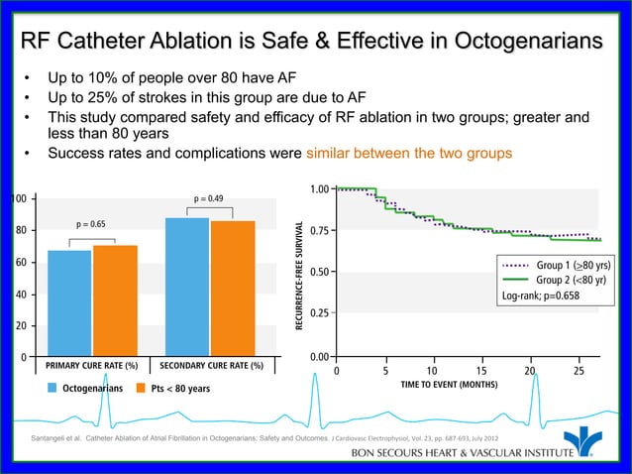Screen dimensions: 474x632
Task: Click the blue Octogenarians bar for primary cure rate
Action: point(68,302)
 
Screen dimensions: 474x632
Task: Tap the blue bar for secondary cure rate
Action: point(187,287)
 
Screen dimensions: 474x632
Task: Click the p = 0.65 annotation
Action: point(91,224)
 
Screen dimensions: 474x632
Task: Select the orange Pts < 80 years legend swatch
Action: point(142,388)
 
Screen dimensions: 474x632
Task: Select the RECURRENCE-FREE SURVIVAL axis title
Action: point(295,275)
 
